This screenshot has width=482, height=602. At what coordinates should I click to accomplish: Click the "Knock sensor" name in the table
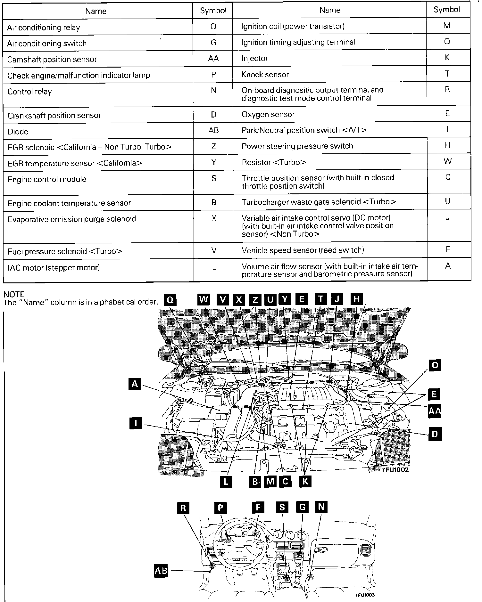[x=265, y=75]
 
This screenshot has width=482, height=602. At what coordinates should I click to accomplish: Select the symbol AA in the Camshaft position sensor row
[x=213, y=59]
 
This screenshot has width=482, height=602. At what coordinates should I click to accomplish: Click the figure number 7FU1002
[x=395, y=470]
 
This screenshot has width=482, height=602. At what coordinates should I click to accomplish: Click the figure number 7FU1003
[x=365, y=595]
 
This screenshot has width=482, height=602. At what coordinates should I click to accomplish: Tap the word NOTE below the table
[x=14, y=294]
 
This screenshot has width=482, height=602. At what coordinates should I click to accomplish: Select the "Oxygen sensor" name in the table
[x=268, y=114]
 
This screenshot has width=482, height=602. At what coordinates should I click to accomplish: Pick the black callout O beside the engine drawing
[x=435, y=365]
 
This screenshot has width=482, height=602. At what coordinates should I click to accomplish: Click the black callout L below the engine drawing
[x=226, y=481]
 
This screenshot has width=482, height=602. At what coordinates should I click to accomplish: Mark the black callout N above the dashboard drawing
[x=321, y=507]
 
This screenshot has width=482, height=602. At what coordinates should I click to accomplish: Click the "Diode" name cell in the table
[x=18, y=132]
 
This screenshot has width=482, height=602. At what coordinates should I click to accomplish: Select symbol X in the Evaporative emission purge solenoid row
[x=214, y=218]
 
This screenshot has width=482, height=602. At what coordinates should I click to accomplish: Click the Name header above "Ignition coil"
[x=330, y=10]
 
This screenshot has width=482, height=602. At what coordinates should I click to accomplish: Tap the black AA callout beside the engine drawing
[x=435, y=411]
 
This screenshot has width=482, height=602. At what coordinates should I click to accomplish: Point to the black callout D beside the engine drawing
[x=435, y=435]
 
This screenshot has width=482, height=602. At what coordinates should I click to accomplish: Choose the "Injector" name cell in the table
[x=254, y=58]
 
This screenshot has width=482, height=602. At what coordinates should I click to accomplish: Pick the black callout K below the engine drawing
[x=305, y=481]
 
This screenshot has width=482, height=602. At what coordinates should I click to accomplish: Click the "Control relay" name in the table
[x=29, y=92]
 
